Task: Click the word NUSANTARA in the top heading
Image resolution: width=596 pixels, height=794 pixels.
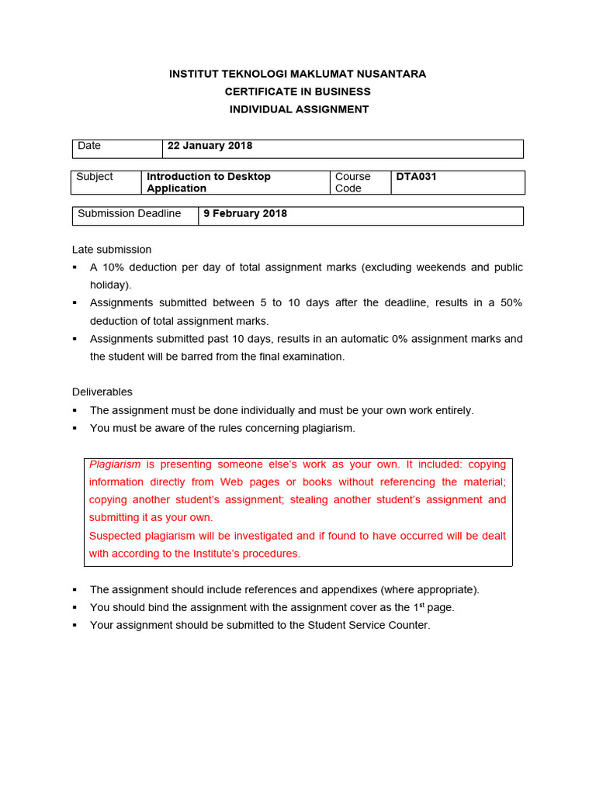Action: (390, 74)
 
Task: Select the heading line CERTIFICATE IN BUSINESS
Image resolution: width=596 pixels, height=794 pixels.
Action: (298, 91)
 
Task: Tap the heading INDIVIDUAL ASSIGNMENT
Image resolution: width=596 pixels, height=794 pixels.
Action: (299, 109)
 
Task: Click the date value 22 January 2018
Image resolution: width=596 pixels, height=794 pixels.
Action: (210, 146)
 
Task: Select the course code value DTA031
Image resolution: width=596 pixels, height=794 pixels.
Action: (416, 177)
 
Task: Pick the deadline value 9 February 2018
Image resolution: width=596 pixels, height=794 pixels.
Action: (245, 213)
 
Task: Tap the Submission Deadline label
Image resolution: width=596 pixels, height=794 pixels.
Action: (129, 213)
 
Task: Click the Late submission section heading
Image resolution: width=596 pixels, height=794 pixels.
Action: (112, 250)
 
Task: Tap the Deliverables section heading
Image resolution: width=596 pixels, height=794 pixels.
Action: (102, 392)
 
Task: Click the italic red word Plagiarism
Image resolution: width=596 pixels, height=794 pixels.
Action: (115, 464)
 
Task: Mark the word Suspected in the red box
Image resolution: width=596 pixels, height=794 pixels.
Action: (116, 536)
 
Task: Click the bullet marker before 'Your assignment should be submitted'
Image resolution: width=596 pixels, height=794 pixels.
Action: (74, 625)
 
